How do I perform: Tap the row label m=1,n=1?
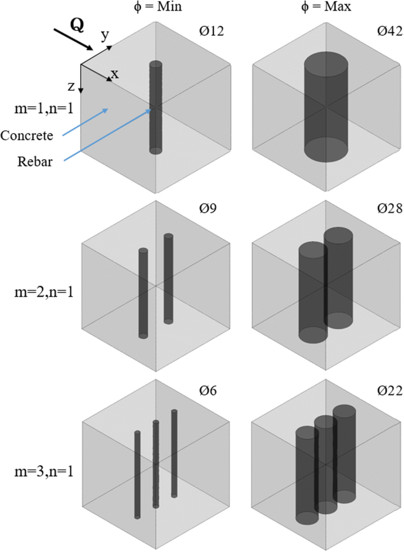click(39, 109)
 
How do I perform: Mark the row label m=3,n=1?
click(39, 471)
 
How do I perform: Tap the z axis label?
click(71, 87)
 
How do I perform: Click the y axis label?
click(104, 36)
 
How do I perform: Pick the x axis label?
click(115, 73)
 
